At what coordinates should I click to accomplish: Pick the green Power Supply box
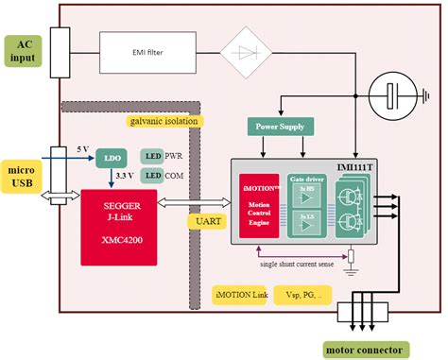tap(279, 125)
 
